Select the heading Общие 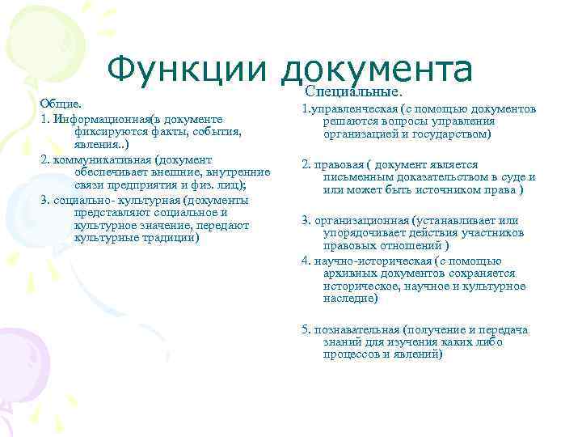click(61, 104)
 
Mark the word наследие click(350, 299)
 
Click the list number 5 click(305, 329)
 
